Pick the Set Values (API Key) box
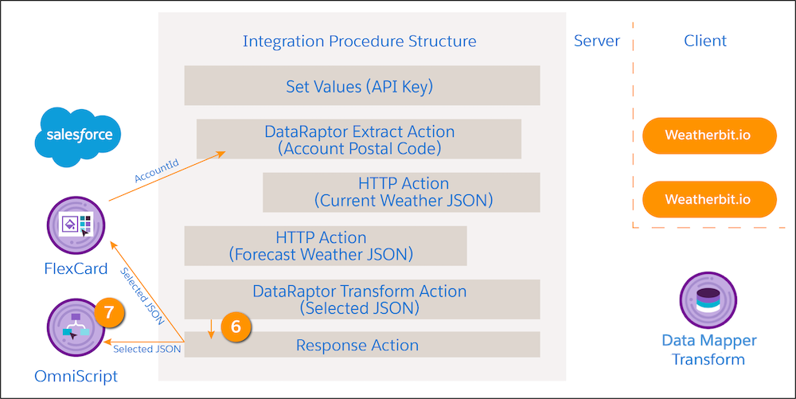pos(362,85)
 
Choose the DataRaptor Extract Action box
pos(359,139)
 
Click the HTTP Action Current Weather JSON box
pos(402,192)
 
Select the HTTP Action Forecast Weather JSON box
pos(326,245)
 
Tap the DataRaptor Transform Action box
pos(362,299)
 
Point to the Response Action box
pos(362,345)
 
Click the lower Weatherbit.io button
pos(708,199)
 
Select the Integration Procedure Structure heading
pos(360,41)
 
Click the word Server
pos(596,41)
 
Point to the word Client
pos(705,41)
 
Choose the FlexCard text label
pos(76,269)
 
